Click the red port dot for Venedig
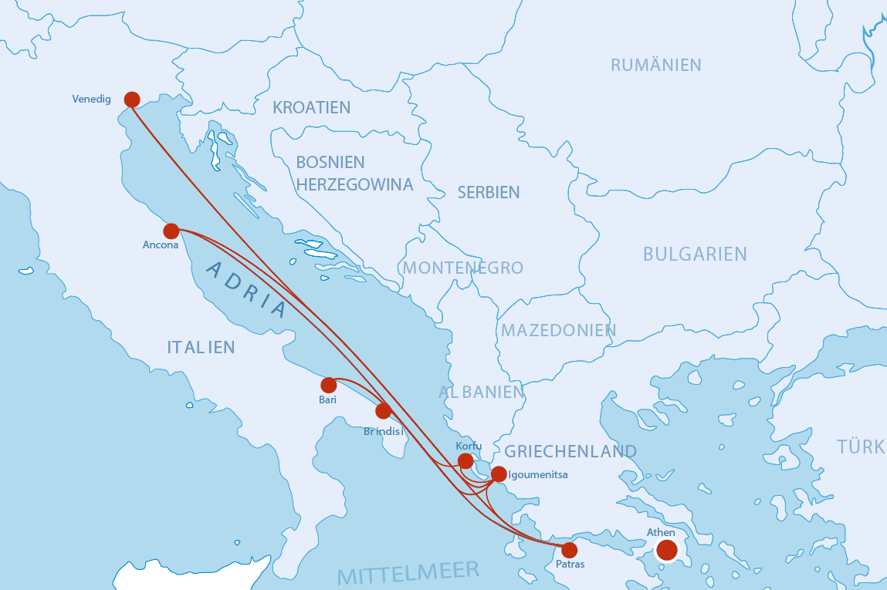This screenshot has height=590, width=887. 132,99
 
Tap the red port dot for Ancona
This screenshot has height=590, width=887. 171,231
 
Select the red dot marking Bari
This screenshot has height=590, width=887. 329,385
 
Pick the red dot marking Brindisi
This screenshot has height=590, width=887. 384,411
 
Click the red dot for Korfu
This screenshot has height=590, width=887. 466,461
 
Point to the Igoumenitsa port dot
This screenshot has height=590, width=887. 499,474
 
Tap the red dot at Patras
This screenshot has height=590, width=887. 569,550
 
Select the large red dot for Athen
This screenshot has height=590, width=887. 666,550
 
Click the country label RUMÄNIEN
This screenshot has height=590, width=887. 655,66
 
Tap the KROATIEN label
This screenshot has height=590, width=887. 311,108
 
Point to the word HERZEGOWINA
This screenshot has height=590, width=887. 354,185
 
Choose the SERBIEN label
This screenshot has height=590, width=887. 488,193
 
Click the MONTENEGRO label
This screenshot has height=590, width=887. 462,268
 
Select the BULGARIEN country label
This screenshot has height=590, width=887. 695,255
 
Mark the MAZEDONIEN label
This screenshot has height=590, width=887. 558,331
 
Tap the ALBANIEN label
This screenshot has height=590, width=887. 481,392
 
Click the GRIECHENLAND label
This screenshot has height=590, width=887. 570,451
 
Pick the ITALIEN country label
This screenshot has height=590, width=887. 201,348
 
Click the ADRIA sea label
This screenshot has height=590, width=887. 246,290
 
